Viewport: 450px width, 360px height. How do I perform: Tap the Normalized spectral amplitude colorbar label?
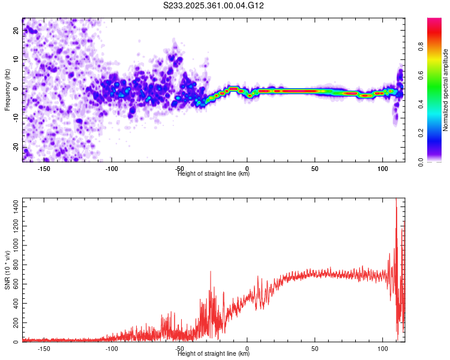click(446, 90)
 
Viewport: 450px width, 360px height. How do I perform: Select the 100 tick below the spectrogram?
click(383, 169)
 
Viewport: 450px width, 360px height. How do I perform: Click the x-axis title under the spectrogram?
click(214, 174)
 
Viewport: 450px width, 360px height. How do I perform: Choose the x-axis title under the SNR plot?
click(214, 354)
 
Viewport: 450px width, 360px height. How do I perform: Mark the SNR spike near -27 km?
click(211, 272)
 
